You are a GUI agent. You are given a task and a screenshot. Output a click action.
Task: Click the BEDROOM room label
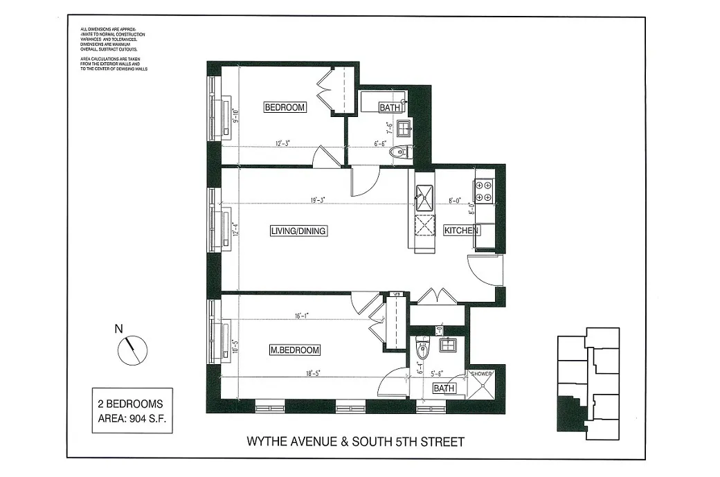pos(285,107)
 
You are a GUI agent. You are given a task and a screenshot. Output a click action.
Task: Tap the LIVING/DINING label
pos(298,231)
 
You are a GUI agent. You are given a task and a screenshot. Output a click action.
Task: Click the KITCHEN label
pos(462,231)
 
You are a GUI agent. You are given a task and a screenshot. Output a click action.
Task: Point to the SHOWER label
pos(482,374)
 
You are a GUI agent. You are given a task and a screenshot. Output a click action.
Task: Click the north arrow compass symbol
pos(132,350)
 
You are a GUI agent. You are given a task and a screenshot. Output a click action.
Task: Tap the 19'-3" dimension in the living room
pos(318,200)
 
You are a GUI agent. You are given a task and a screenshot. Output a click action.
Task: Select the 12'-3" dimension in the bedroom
pos(282,144)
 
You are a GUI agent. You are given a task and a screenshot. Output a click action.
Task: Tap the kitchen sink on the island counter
pos(423,195)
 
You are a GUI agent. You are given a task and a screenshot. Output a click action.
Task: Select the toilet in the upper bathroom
pos(399,152)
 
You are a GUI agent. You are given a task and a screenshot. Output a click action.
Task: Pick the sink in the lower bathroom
pos(448,345)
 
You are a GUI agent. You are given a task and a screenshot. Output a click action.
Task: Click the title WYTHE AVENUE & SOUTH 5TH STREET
pos(356,441)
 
